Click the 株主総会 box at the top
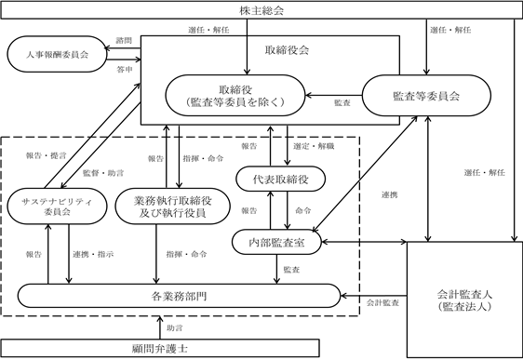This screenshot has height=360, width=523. tap(261, 10)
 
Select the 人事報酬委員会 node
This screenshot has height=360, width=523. tap(57, 54)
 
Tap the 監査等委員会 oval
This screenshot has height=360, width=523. tap(426, 96)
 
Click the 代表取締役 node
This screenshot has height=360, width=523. tap(280, 179)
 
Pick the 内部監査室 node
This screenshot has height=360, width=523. tap(276, 242)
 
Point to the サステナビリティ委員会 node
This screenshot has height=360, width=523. tap(57, 207)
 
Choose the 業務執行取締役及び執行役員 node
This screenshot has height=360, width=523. tap(172, 207)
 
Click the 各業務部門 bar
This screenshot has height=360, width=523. tap(179, 296)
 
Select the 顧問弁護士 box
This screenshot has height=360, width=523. tap(160, 349)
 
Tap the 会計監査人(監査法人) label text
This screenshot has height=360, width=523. tap(464, 300)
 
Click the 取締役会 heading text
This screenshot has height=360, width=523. tap(287, 50)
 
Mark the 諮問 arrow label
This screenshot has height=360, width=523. tap(124, 41)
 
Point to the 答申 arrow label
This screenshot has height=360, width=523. tap(125, 70)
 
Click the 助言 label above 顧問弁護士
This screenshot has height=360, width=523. tap(175, 328)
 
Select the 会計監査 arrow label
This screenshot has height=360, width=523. tap(382, 302)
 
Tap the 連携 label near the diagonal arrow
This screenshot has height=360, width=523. tap(390, 194)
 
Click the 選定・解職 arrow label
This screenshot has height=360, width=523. tap(314, 146)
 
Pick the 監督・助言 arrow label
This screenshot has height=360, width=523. tap(103, 173)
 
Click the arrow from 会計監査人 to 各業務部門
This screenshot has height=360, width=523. tap(373, 296)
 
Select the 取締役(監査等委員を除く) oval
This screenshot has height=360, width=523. tap(235, 96)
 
